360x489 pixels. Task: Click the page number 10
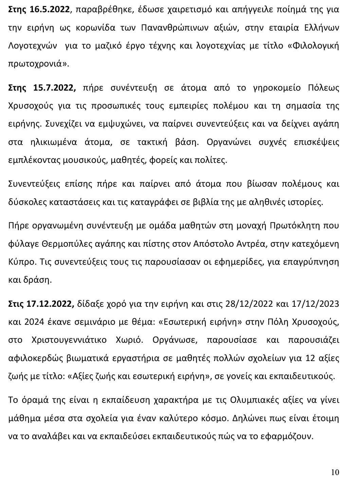335,472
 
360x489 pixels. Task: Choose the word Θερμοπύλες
65,244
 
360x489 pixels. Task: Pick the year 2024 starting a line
17,322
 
